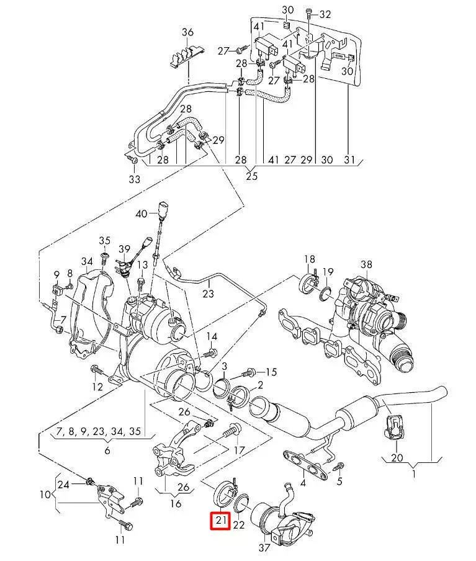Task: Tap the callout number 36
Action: pyautogui.click(x=187, y=32)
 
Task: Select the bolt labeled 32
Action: pyautogui.click(x=308, y=13)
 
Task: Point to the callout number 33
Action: pyautogui.click(x=135, y=179)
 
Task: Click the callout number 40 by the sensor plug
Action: pyautogui.click(x=141, y=214)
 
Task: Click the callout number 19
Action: pyautogui.click(x=328, y=272)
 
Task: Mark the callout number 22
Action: pyautogui.click(x=239, y=525)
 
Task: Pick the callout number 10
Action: pyautogui.click(x=45, y=495)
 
